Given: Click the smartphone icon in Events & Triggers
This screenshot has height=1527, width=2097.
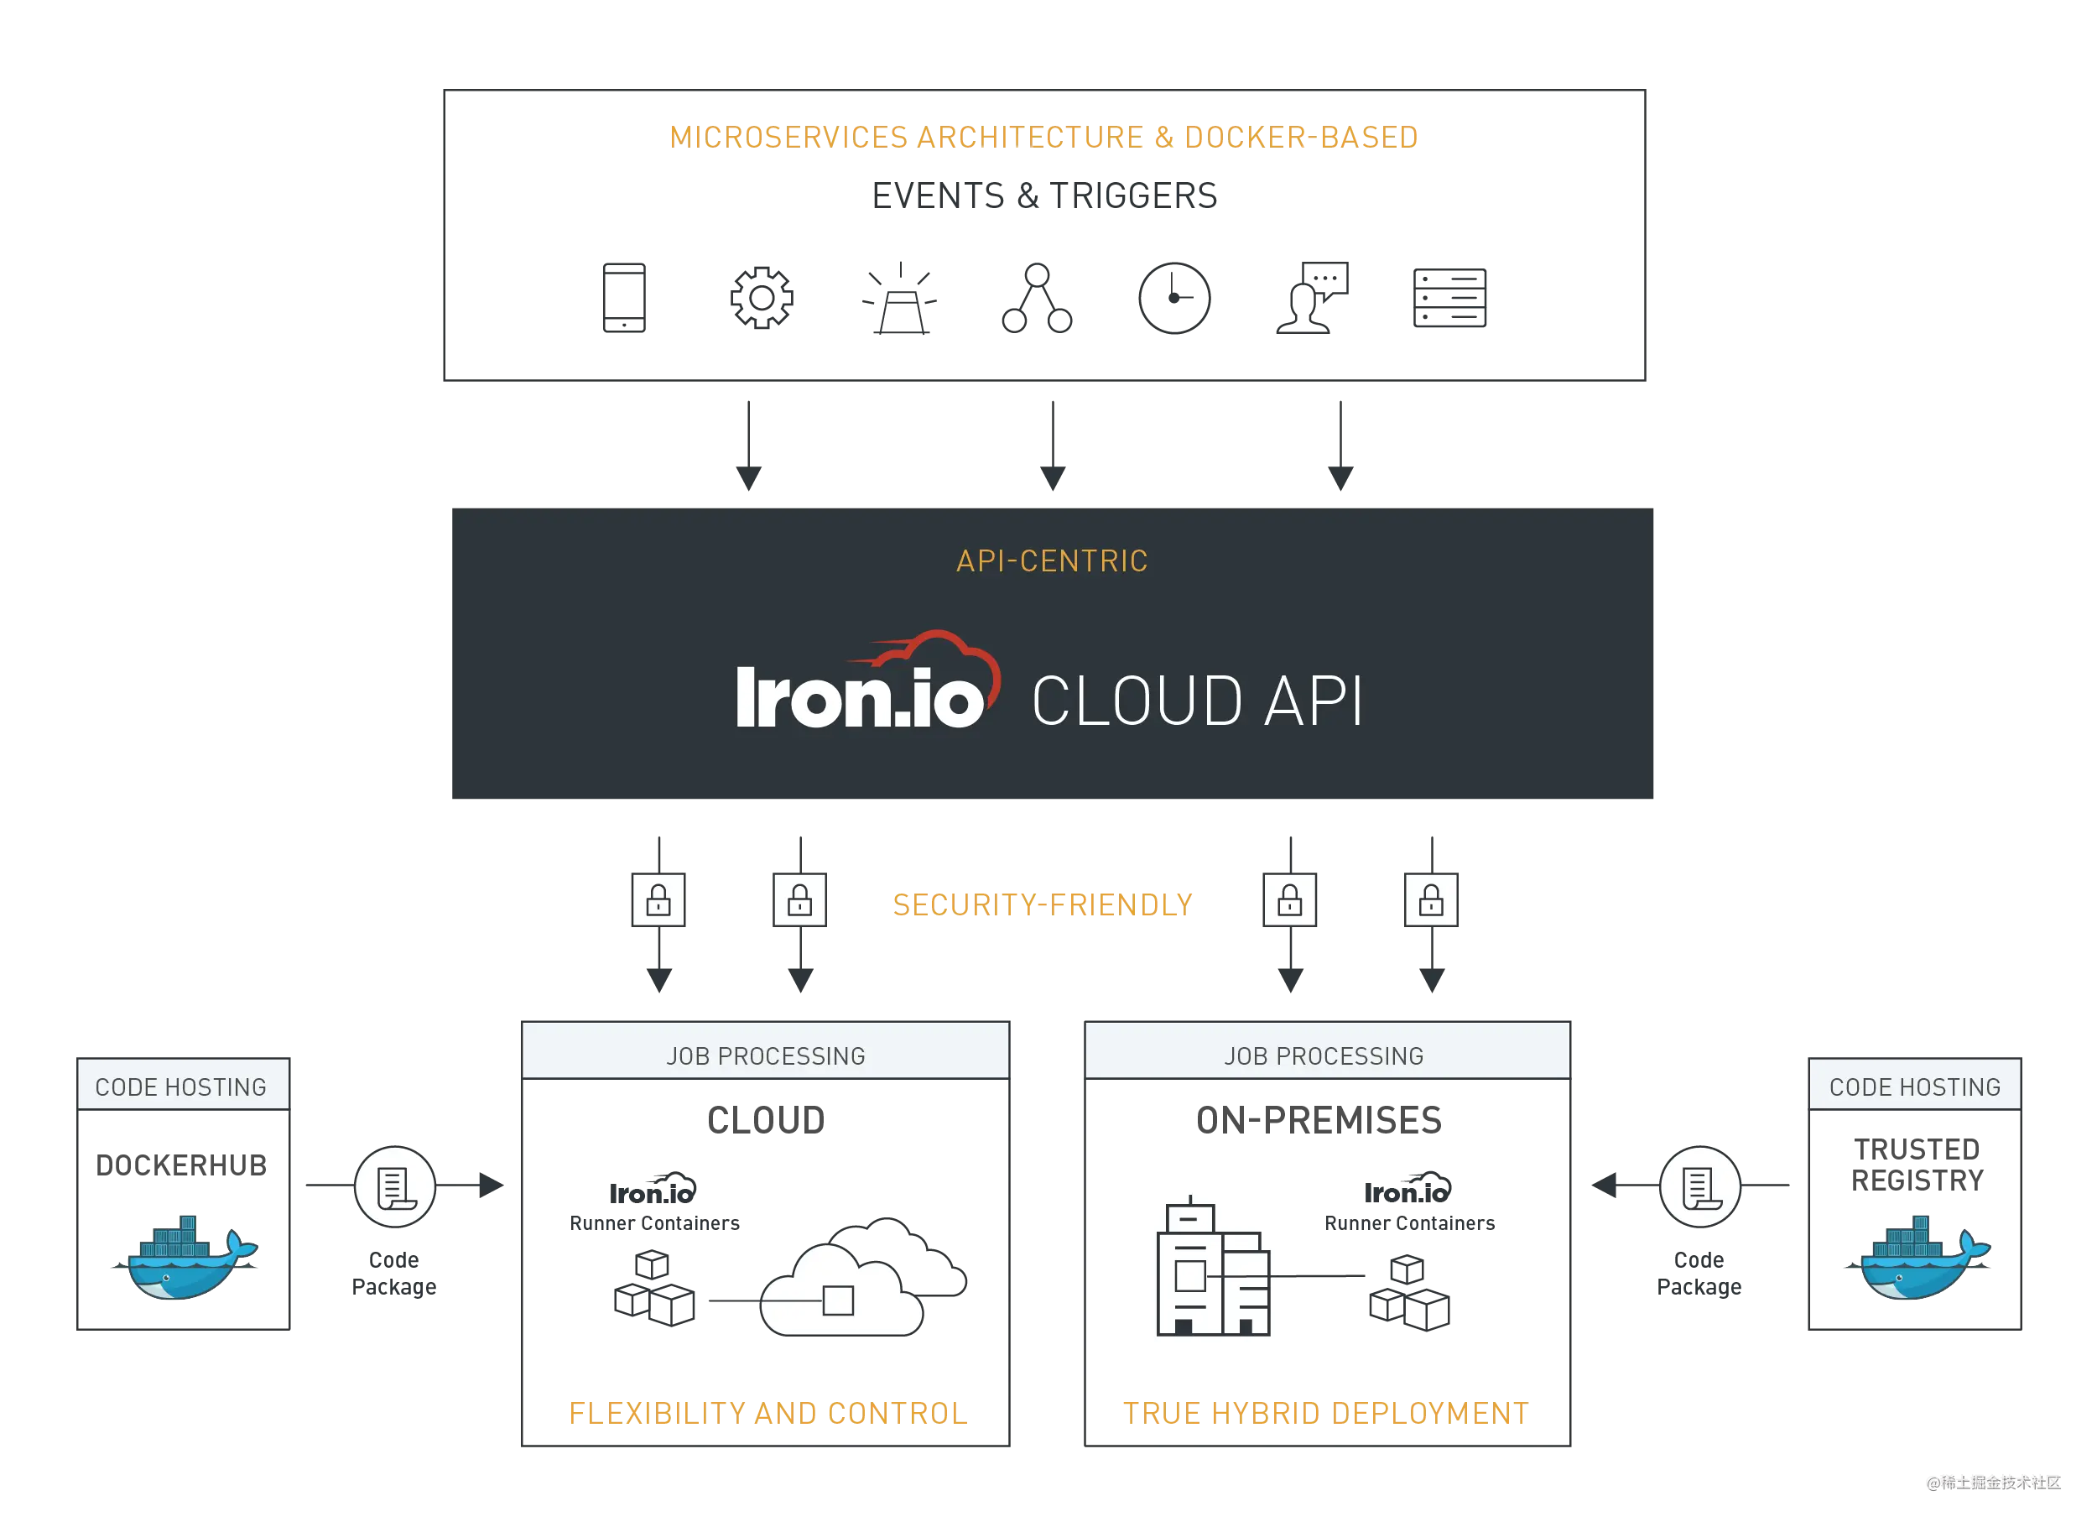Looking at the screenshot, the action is click(x=624, y=297).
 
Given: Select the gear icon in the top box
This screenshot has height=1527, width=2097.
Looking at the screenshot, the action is click(x=762, y=297).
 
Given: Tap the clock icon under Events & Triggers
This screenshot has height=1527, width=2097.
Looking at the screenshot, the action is click(x=1174, y=298).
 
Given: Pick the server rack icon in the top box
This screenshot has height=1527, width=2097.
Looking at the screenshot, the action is click(x=1449, y=298).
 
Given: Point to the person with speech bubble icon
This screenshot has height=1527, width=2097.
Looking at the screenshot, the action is click(x=1312, y=297).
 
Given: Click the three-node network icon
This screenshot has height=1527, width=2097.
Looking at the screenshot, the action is click(x=1038, y=298).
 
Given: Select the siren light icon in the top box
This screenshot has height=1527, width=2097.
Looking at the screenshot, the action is click(x=901, y=298).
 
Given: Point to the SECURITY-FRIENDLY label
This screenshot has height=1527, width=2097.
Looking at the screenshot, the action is click(x=1043, y=904).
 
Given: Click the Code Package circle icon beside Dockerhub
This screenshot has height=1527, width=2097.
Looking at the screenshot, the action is click(x=395, y=1186).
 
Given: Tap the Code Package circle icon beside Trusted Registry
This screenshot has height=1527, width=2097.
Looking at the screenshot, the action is click(x=1700, y=1186).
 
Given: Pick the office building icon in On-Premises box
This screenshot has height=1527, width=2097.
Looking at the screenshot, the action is click(x=1213, y=1265).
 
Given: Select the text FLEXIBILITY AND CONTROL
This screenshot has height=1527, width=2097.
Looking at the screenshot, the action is click(x=768, y=1413).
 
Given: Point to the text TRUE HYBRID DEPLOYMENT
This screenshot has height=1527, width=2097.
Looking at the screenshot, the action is click(x=1326, y=1413).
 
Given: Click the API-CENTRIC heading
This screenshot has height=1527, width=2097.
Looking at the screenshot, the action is click(x=1052, y=561).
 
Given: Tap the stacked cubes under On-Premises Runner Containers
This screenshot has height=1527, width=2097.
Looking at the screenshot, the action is click(x=1409, y=1293).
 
